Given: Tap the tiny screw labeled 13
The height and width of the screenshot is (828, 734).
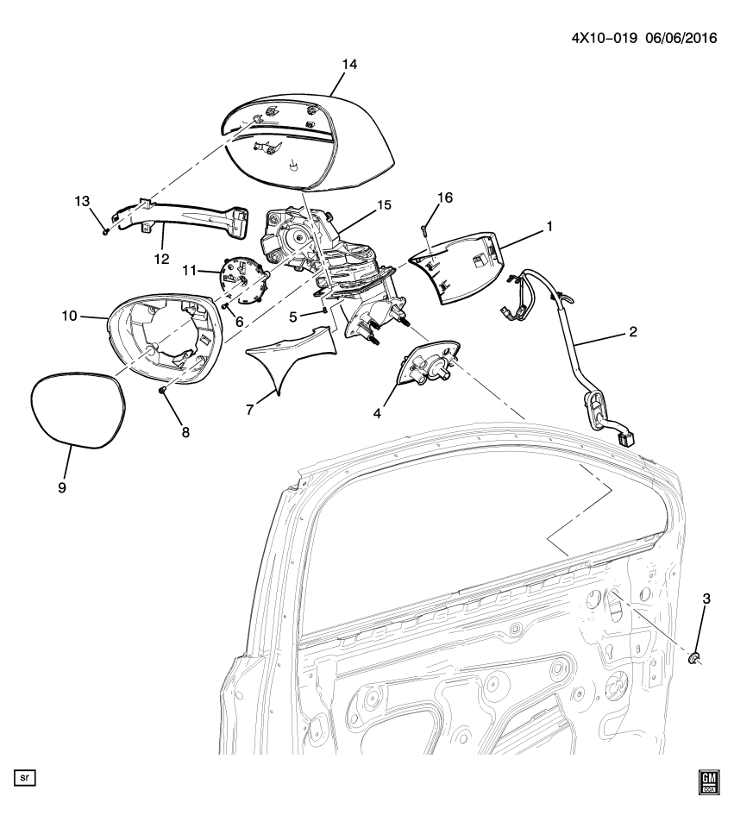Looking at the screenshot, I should pyautogui.click(x=105, y=230).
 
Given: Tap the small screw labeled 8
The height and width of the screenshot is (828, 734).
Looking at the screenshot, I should pyautogui.click(x=162, y=391).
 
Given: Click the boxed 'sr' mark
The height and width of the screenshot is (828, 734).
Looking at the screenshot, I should pyautogui.click(x=25, y=778).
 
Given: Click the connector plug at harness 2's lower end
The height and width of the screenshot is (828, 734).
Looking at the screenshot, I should pyautogui.click(x=627, y=438).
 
